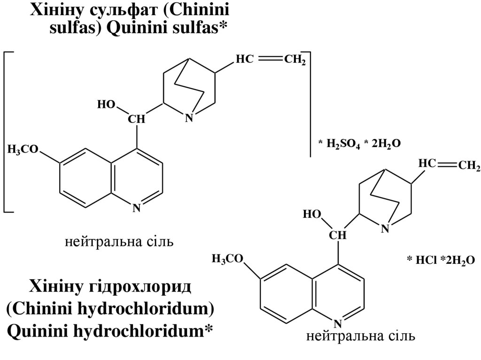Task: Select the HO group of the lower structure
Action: click(311, 215)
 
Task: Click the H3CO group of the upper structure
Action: click(23, 150)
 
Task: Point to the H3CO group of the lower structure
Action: click(227, 259)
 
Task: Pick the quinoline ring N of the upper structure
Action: click(136, 207)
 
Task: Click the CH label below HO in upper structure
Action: click(137, 120)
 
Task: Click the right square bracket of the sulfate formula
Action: click(309, 103)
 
